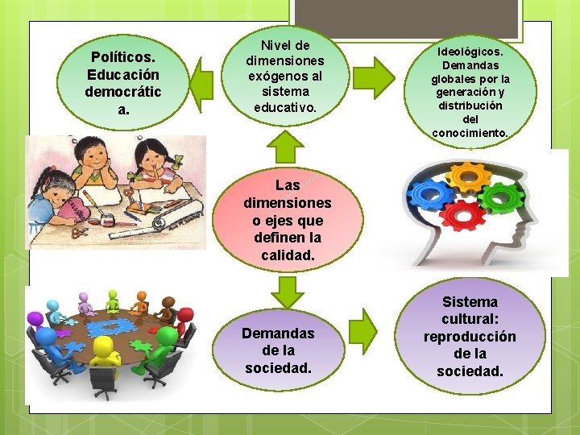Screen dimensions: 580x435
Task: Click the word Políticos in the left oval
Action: (x=122, y=57)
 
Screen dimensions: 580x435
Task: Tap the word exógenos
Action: (x=285, y=77)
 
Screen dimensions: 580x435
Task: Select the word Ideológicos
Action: (x=470, y=51)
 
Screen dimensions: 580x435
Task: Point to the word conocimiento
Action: (x=470, y=133)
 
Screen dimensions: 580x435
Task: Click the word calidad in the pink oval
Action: (x=287, y=255)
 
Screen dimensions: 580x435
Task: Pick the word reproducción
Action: (x=470, y=337)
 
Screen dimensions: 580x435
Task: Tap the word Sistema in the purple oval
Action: (x=470, y=301)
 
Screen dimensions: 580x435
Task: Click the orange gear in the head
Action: (x=468, y=176)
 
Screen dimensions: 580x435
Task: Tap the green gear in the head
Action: (x=503, y=196)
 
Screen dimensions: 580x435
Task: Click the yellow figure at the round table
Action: (x=105, y=355)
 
